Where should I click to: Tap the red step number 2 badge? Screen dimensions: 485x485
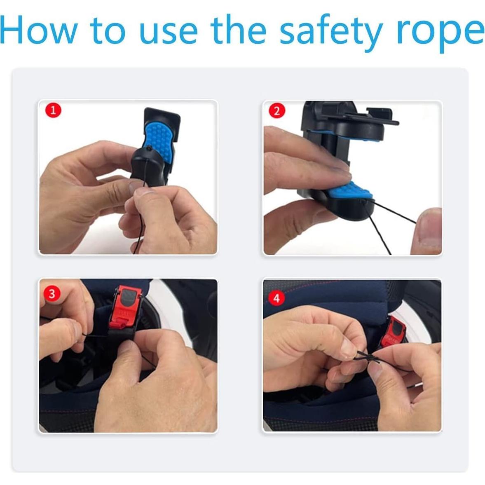pyautogui.click(x=276, y=110)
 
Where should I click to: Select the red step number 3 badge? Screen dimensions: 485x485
pyautogui.click(x=52, y=294)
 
